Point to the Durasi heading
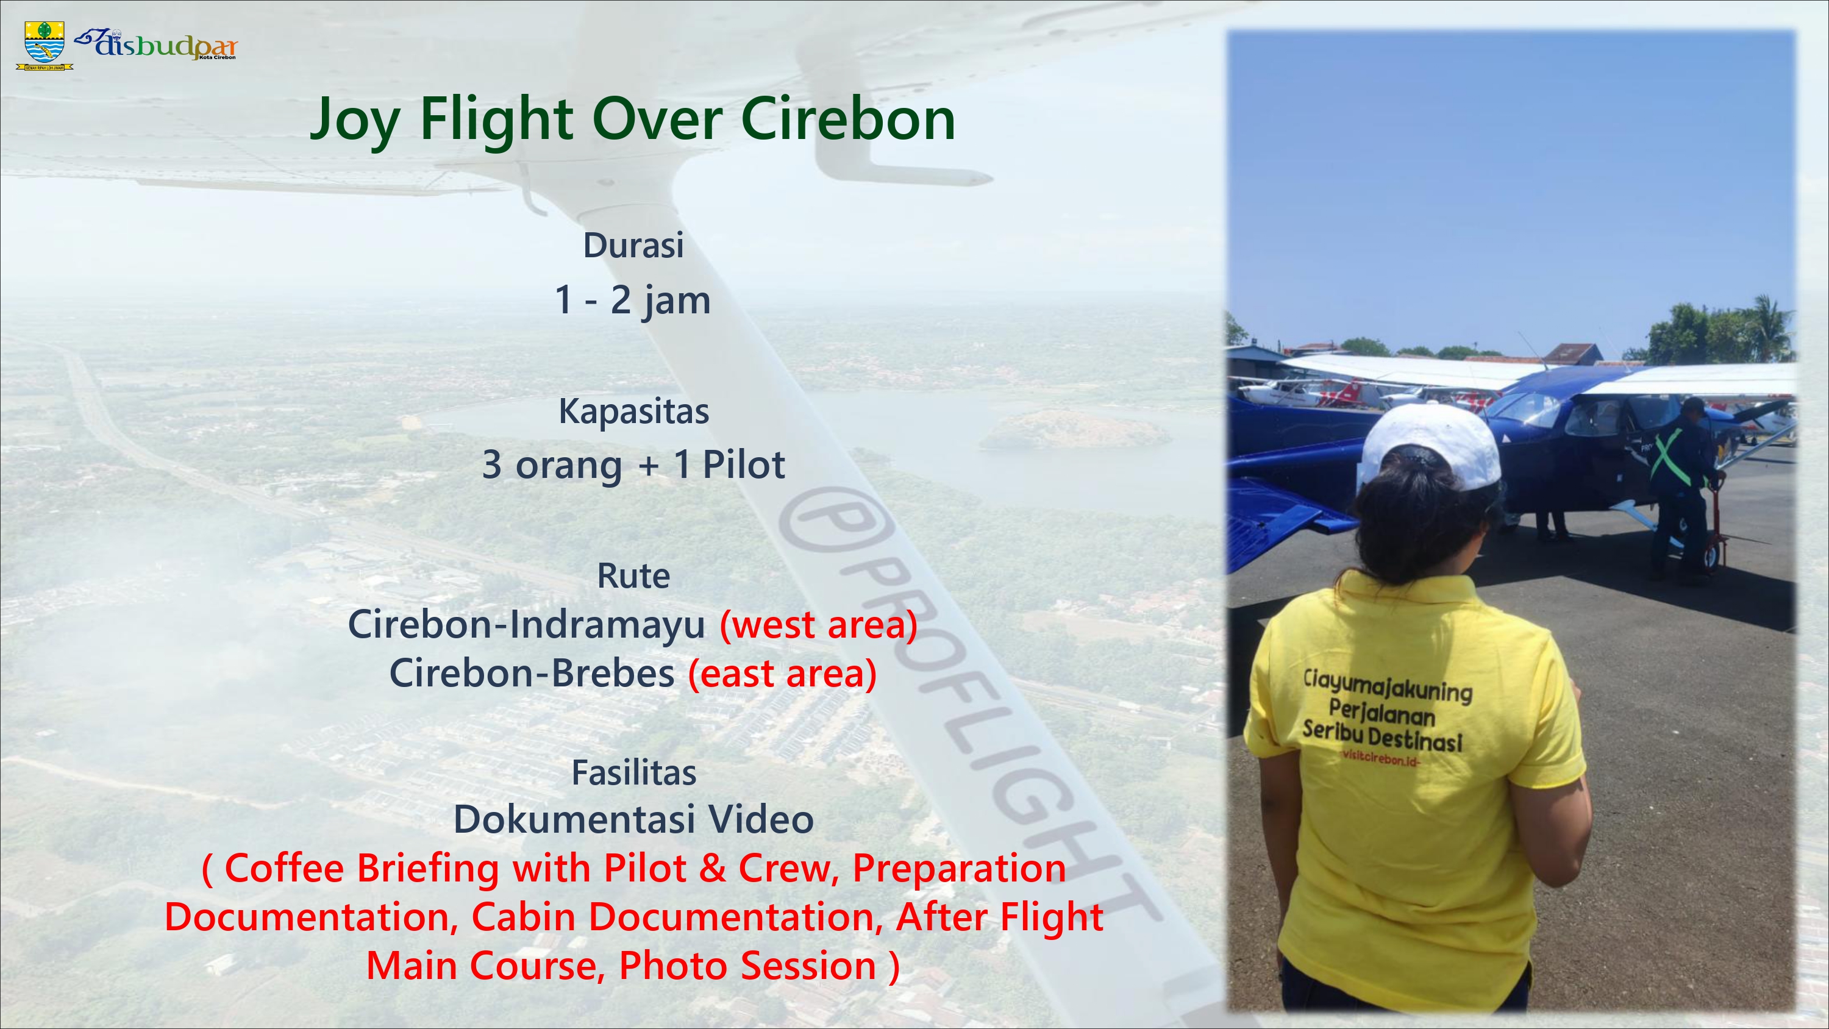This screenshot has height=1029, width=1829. tap(633, 245)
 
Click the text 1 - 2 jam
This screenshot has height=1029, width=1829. tap(633, 301)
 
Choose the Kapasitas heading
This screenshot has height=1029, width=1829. tap(633, 411)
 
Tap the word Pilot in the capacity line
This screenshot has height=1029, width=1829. tap(743, 465)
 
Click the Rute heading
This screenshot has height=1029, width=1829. tap(633, 576)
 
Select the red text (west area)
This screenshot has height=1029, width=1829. tap(819, 625)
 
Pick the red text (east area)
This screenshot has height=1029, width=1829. tap(782, 673)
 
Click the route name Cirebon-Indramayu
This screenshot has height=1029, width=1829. tap(526, 625)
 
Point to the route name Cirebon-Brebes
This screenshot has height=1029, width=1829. tap(532, 673)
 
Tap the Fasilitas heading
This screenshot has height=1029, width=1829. tap(633, 772)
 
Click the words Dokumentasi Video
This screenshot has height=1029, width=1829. tap(633, 819)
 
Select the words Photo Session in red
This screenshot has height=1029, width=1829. tap(747, 966)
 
